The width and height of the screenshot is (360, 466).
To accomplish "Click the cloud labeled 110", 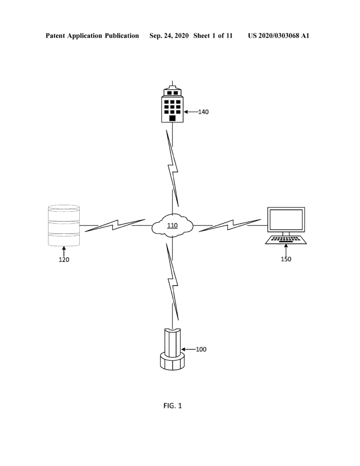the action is coord(172,225).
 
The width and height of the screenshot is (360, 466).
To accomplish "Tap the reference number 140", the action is coord(203,112).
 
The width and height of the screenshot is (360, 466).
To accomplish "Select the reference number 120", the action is coord(64,260).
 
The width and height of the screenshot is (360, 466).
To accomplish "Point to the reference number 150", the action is coord(286,259).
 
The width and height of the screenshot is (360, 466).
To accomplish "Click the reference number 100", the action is coord(201,349).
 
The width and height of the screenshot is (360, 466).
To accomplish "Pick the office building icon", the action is coord(172,104).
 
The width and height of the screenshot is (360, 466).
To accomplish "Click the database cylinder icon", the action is coord(64,226).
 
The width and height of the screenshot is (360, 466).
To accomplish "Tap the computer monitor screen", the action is coord(286,219).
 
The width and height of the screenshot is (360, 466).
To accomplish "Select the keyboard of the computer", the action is coord(286,240).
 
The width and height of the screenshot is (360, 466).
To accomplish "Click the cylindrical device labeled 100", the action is coord(172,349).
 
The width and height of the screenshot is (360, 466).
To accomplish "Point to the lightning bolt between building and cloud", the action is coord(172,168).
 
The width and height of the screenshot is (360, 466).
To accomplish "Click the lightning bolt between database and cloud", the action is coord(115,225).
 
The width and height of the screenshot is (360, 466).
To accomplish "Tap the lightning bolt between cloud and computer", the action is coord(230,225).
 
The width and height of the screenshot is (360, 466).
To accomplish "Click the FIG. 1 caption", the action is coord(172,405).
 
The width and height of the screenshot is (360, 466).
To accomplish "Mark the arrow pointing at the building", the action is coord(191,112).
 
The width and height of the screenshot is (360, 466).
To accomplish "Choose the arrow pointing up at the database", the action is coord(64,251).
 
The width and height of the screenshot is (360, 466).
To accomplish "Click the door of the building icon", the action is coord(172,118).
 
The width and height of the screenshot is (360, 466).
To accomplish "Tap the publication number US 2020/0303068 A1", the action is coord(279,35).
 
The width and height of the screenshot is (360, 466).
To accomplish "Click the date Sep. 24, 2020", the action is coord(169,35).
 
